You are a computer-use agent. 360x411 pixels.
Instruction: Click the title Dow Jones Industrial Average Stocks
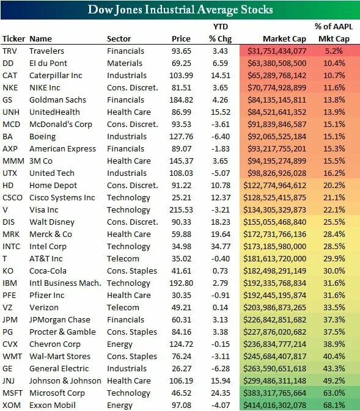(180, 9)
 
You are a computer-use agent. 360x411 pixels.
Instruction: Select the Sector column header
(119, 39)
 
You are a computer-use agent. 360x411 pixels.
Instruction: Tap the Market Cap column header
(284, 39)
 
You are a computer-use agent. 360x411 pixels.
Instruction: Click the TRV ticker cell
(10, 51)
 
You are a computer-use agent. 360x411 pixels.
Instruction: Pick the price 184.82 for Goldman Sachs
(182, 100)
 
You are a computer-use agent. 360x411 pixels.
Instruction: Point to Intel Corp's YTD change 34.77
(221, 246)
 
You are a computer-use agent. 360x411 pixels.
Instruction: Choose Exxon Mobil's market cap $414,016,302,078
(274, 406)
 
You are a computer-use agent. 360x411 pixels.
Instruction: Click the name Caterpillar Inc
(56, 76)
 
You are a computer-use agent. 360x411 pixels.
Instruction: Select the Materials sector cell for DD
(125, 63)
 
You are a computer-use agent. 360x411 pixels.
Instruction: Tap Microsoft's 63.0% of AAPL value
(334, 393)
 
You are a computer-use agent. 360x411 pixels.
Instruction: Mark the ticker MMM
(13, 161)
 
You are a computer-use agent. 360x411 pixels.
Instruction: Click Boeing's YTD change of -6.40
(221, 137)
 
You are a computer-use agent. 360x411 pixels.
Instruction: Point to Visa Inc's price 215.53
(182, 209)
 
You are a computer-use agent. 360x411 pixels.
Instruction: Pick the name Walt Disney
(52, 222)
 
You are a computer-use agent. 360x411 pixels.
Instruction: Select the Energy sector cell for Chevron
(119, 344)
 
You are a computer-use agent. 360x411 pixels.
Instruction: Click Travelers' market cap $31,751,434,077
(277, 51)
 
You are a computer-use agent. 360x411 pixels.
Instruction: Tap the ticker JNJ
(9, 380)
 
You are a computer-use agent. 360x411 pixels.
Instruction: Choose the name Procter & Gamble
(62, 332)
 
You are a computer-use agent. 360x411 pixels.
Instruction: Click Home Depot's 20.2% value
(334, 185)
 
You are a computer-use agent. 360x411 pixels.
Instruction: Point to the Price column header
(181, 39)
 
